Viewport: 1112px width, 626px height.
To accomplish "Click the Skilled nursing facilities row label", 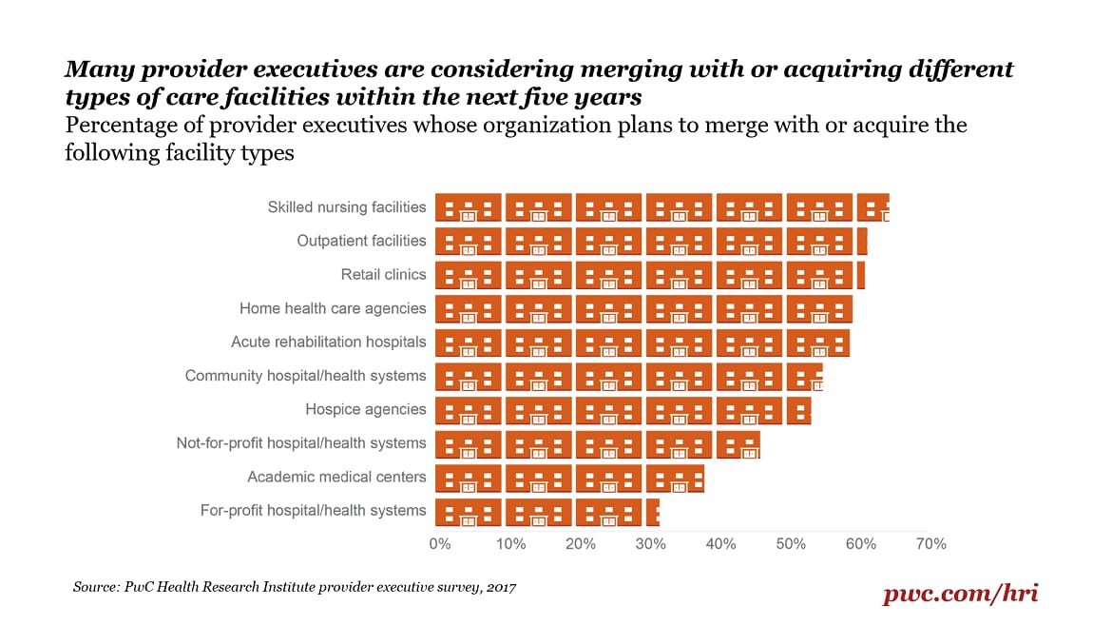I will [x=347, y=207].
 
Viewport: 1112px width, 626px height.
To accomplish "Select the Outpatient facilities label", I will [x=362, y=241].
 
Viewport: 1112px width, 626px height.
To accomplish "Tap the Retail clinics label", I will [x=384, y=275].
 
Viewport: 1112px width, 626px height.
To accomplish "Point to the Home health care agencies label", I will [x=333, y=308].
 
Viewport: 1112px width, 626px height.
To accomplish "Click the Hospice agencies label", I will [x=366, y=409].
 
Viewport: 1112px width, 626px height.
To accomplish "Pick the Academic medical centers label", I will [x=336, y=477].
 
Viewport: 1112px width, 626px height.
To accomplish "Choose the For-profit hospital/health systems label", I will [x=314, y=511].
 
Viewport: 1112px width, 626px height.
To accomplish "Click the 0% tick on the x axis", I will [x=439, y=544].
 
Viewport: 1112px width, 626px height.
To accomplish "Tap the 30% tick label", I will [x=651, y=544].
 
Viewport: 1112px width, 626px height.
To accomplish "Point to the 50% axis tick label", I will [x=791, y=544].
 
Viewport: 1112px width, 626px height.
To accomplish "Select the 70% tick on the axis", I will [x=931, y=544].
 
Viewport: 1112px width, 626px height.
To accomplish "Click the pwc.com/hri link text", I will [x=961, y=594].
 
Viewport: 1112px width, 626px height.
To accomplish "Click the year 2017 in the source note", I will [x=500, y=588].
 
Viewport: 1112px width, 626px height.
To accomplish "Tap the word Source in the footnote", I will [x=96, y=588].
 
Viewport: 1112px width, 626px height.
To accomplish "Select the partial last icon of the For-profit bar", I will [x=653, y=512].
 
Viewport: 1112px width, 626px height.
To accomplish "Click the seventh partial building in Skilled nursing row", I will [x=872, y=207].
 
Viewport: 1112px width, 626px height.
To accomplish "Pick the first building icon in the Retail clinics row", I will [x=469, y=275].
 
